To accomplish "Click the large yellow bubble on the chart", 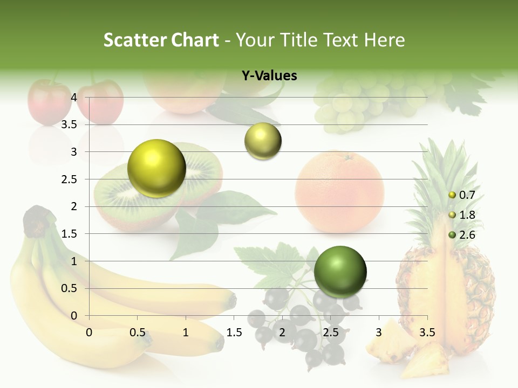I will tap(156, 168).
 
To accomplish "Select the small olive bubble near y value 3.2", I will tap(263, 141).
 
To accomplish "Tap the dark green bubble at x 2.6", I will tap(340, 271).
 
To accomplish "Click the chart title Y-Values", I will tap(269, 76).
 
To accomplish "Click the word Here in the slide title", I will tap(384, 40).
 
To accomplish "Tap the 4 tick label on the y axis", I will tap(74, 98).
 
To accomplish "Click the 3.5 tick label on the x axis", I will tap(427, 332).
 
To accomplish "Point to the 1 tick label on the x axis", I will tap(186, 332).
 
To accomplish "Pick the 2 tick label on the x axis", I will tap(282, 332).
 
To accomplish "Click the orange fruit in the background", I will tap(339, 191).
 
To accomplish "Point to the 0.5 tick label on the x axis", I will tap(138, 332).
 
